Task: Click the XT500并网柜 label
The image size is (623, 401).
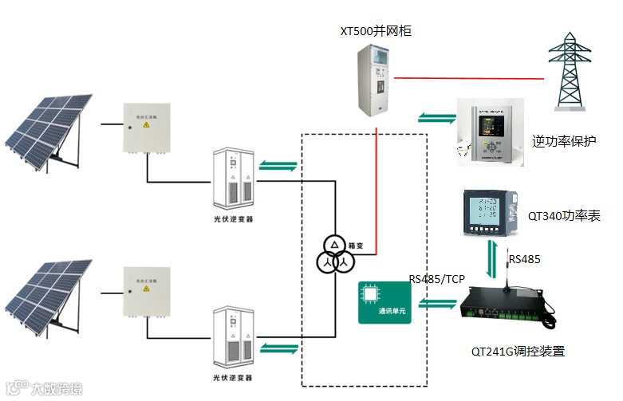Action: pos(376,31)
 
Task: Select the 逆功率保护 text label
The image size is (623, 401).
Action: pos(564,143)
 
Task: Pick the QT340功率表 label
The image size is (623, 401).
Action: pos(564,216)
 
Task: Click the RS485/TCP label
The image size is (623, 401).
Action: pos(437,279)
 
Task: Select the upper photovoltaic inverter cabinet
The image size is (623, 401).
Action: pos(234,179)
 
